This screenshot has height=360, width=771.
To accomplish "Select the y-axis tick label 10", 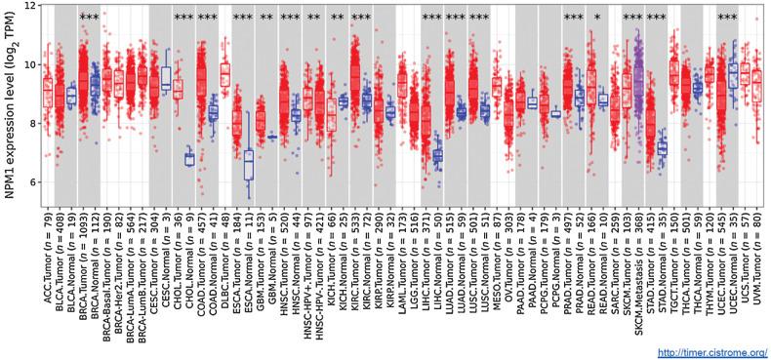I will (x=30, y=64).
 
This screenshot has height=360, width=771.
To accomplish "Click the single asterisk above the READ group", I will (x=597, y=19).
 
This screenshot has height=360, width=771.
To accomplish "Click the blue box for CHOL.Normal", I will (x=189, y=159).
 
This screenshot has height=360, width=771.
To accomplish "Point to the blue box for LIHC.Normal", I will (x=437, y=154).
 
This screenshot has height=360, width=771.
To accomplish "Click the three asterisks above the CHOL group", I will (x=183, y=19).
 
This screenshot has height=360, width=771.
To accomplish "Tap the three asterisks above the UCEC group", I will (x=727, y=19).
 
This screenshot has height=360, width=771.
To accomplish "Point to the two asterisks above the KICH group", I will (x=338, y=19).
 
